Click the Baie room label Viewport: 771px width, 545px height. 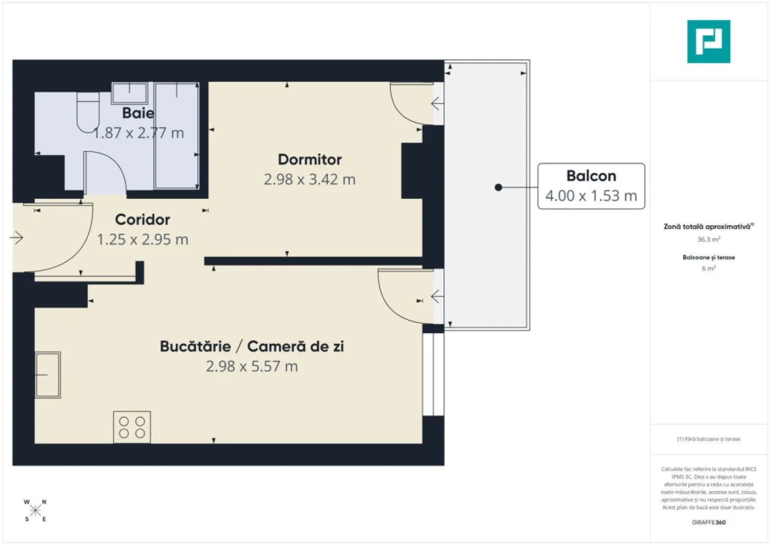138,113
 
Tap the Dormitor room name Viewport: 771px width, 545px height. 310,159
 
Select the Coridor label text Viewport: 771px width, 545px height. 142,219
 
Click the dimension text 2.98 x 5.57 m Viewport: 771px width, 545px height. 251,366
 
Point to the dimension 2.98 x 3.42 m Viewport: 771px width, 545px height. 309,179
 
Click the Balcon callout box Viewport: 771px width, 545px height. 591,186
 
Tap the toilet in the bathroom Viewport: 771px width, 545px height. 87,112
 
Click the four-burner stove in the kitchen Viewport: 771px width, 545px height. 132,427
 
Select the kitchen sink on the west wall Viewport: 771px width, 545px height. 48,374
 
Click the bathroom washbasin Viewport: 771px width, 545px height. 130,93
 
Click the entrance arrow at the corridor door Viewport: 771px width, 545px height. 17,237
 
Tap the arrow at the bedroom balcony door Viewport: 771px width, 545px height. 437,103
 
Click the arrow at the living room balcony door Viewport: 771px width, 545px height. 437,296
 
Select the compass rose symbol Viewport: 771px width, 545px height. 35,511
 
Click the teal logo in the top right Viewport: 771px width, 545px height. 708,41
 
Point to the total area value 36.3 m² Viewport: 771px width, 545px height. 708,239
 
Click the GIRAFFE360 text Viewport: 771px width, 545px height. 708,522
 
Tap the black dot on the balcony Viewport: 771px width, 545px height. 498,187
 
